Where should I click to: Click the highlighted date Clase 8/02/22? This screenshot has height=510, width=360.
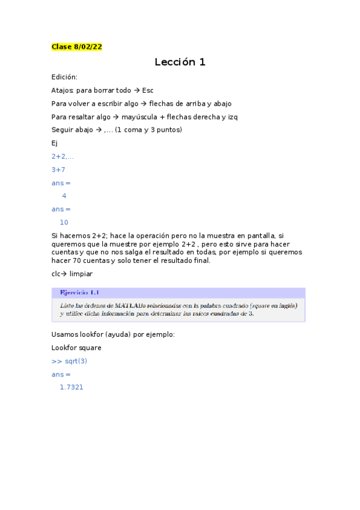pyautogui.click(x=76, y=46)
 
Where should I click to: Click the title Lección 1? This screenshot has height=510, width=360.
pyautogui.click(x=180, y=62)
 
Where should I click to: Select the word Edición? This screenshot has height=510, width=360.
pyautogui.click(x=64, y=77)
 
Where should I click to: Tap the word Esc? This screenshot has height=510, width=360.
pyautogui.click(x=148, y=90)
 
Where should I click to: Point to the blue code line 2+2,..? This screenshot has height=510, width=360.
pyautogui.click(x=63, y=156)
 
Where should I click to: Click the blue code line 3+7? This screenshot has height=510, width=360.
pyautogui.click(x=58, y=170)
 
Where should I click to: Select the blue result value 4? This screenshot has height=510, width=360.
pyautogui.click(x=64, y=196)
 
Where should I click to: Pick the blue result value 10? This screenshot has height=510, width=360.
pyautogui.click(x=64, y=223)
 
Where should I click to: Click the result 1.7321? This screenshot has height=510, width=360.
pyautogui.click(x=71, y=387)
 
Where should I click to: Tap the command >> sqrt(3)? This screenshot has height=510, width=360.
pyautogui.click(x=69, y=361)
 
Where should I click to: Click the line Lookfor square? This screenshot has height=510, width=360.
pyautogui.click(x=76, y=348)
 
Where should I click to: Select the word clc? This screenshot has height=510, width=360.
pyautogui.click(x=56, y=274)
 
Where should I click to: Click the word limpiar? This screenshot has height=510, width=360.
pyautogui.click(x=81, y=274)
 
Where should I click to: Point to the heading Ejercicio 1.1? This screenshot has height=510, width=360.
pyautogui.click(x=79, y=293)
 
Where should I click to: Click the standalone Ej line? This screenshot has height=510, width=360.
pyautogui.click(x=55, y=143)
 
